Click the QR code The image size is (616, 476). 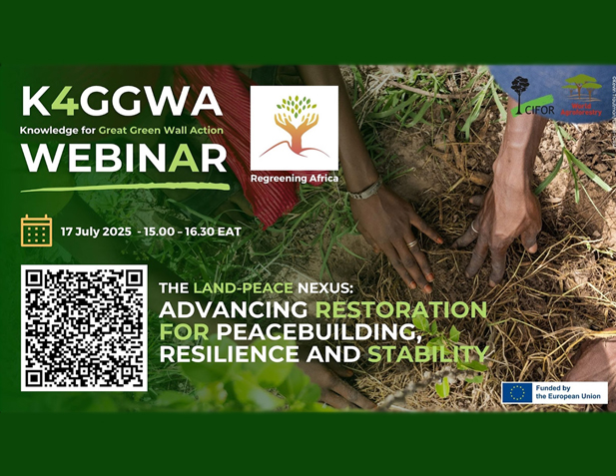tap(85, 327)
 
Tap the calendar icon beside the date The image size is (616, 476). tap(36, 231)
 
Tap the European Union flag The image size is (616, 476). tap(517, 392)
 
